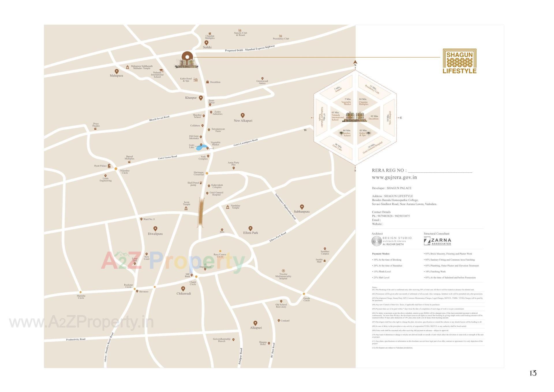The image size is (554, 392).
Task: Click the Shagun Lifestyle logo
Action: (x=459, y=61)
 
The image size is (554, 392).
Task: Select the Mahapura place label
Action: (x=116, y=76)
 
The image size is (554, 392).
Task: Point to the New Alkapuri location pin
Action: (x=243, y=116)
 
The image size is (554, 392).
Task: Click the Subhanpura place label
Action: (x=302, y=211)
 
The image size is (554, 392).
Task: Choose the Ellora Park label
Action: (x=250, y=233)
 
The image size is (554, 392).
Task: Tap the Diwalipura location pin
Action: (x=155, y=229)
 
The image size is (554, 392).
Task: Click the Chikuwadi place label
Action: (x=184, y=293)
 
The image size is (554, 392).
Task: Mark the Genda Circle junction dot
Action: (x=304, y=294)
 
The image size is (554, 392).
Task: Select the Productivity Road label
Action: (x=76, y=339)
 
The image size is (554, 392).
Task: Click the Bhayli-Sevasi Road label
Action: (x=159, y=118)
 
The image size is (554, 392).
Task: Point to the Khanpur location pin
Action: (x=201, y=98)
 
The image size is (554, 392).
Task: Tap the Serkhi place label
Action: (x=207, y=47)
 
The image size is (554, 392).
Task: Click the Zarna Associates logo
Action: (x=437, y=241)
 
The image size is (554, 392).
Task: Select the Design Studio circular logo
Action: (x=377, y=241)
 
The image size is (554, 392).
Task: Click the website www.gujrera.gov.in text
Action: (x=394, y=177)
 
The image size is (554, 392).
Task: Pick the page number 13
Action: (x=533, y=373)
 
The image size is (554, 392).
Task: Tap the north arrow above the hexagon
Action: (x=355, y=62)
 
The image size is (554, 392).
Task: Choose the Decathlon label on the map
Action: (x=215, y=82)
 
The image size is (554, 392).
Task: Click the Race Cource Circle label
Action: (x=220, y=255)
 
